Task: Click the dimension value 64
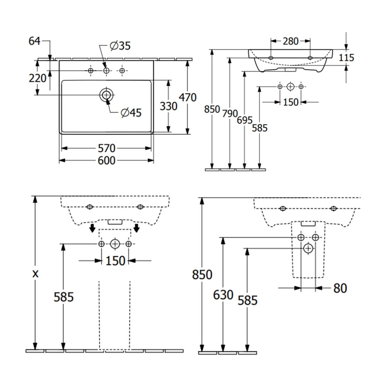[x=34, y=41]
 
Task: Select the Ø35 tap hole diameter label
[x=120, y=46]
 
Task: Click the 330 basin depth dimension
[x=168, y=106]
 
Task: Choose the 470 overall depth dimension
[x=188, y=97]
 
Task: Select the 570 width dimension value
[x=106, y=148]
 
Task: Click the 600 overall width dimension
[x=106, y=160]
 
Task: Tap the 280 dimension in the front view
[x=290, y=41]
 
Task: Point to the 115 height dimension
[x=346, y=58]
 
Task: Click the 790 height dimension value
[x=230, y=114]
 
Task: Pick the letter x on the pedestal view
[x=35, y=273]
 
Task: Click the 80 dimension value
[x=340, y=288]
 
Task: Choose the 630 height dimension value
[x=222, y=295]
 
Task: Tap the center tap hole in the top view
[x=106, y=71]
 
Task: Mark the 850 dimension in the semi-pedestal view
[x=203, y=275]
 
